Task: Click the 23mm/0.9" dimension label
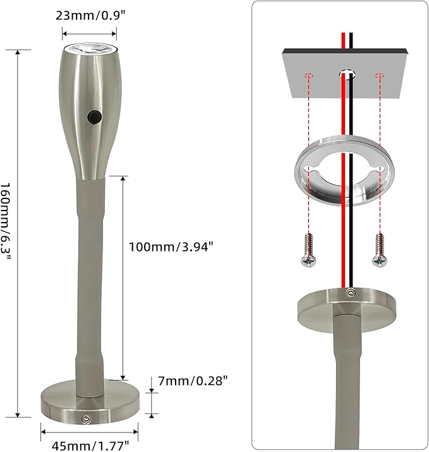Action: click(x=91, y=15)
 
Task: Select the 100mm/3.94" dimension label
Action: click(x=171, y=247)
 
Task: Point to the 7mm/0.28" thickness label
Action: click(x=193, y=381)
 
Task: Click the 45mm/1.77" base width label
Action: click(x=90, y=446)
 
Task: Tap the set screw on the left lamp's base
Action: click(x=86, y=419)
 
